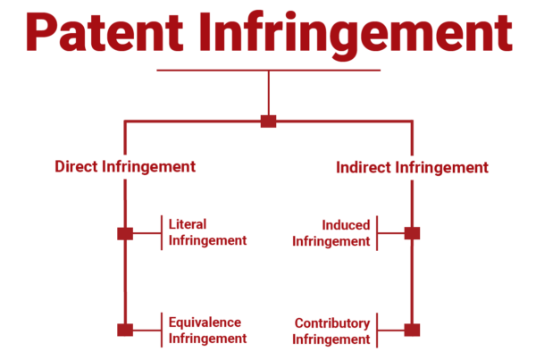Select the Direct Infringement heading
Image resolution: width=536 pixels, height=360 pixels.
click(x=125, y=167)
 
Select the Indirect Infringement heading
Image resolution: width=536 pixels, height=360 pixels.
click(x=412, y=167)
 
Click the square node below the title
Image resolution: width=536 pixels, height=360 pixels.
click(x=268, y=121)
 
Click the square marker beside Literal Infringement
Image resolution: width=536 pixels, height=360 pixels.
click(x=125, y=233)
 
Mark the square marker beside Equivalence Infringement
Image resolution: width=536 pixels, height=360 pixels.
click(x=125, y=330)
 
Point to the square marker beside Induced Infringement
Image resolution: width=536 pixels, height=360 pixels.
click(x=412, y=233)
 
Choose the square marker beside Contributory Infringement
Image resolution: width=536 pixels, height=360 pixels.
click(x=412, y=330)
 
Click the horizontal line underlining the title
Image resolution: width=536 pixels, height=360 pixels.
click(x=268, y=70)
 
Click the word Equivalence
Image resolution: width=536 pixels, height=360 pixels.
click(x=205, y=322)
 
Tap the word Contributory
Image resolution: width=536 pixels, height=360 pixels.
click(x=331, y=322)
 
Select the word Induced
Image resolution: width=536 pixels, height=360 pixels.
click(x=347, y=225)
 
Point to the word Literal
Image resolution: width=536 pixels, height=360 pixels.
click(x=188, y=224)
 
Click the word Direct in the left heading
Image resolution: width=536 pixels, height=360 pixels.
click(x=75, y=167)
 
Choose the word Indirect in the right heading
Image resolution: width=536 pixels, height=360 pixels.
click(x=361, y=167)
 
